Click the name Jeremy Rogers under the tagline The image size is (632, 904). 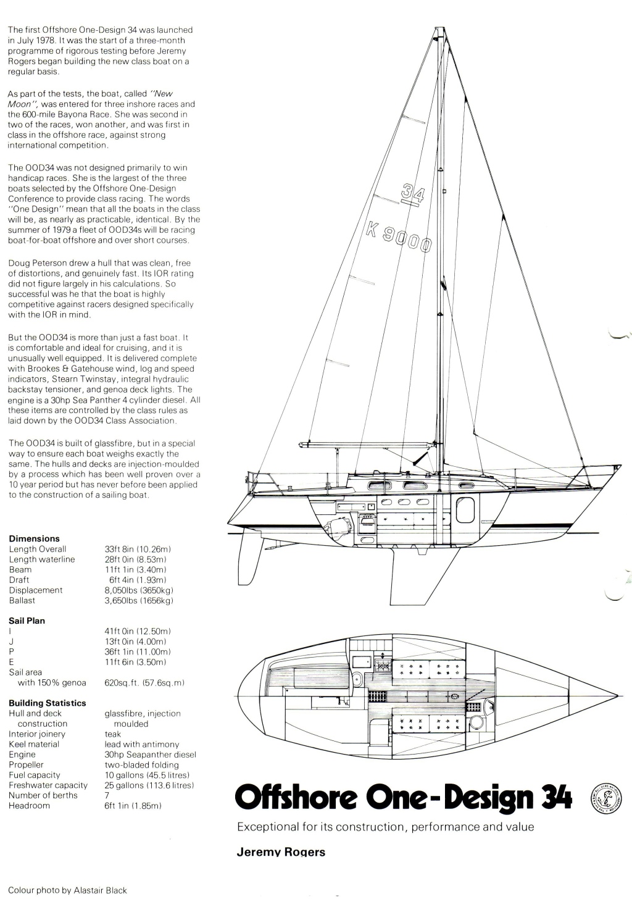281,852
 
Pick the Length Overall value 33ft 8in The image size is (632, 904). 138,549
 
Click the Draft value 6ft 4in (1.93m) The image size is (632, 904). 138,580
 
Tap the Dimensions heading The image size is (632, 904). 34,538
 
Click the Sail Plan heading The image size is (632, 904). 27,621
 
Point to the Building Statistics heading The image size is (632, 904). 47,703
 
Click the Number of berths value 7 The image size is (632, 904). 107,795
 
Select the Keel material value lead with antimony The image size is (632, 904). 142,744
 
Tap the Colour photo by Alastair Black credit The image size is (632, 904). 67,890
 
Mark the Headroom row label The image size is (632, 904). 29,806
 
